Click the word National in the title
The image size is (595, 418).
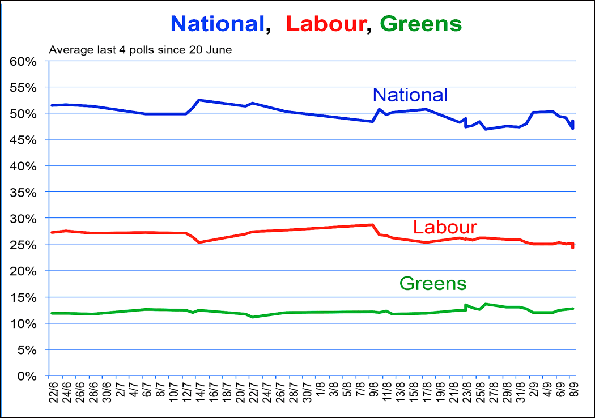click(218, 23)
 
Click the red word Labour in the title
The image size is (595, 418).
click(325, 23)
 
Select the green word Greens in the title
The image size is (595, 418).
click(421, 23)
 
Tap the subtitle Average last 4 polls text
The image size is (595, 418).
click(141, 50)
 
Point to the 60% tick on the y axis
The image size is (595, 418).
click(24, 61)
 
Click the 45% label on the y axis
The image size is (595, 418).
click(24, 140)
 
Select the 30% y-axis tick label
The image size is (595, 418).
click(24, 219)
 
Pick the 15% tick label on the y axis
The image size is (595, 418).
click(24, 297)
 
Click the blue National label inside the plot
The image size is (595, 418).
click(410, 95)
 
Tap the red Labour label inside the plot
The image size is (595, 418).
click(444, 227)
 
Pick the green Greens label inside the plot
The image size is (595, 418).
click(433, 283)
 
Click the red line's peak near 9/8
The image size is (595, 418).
click(372, 224)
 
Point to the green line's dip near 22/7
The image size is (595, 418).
click(252, 317)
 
